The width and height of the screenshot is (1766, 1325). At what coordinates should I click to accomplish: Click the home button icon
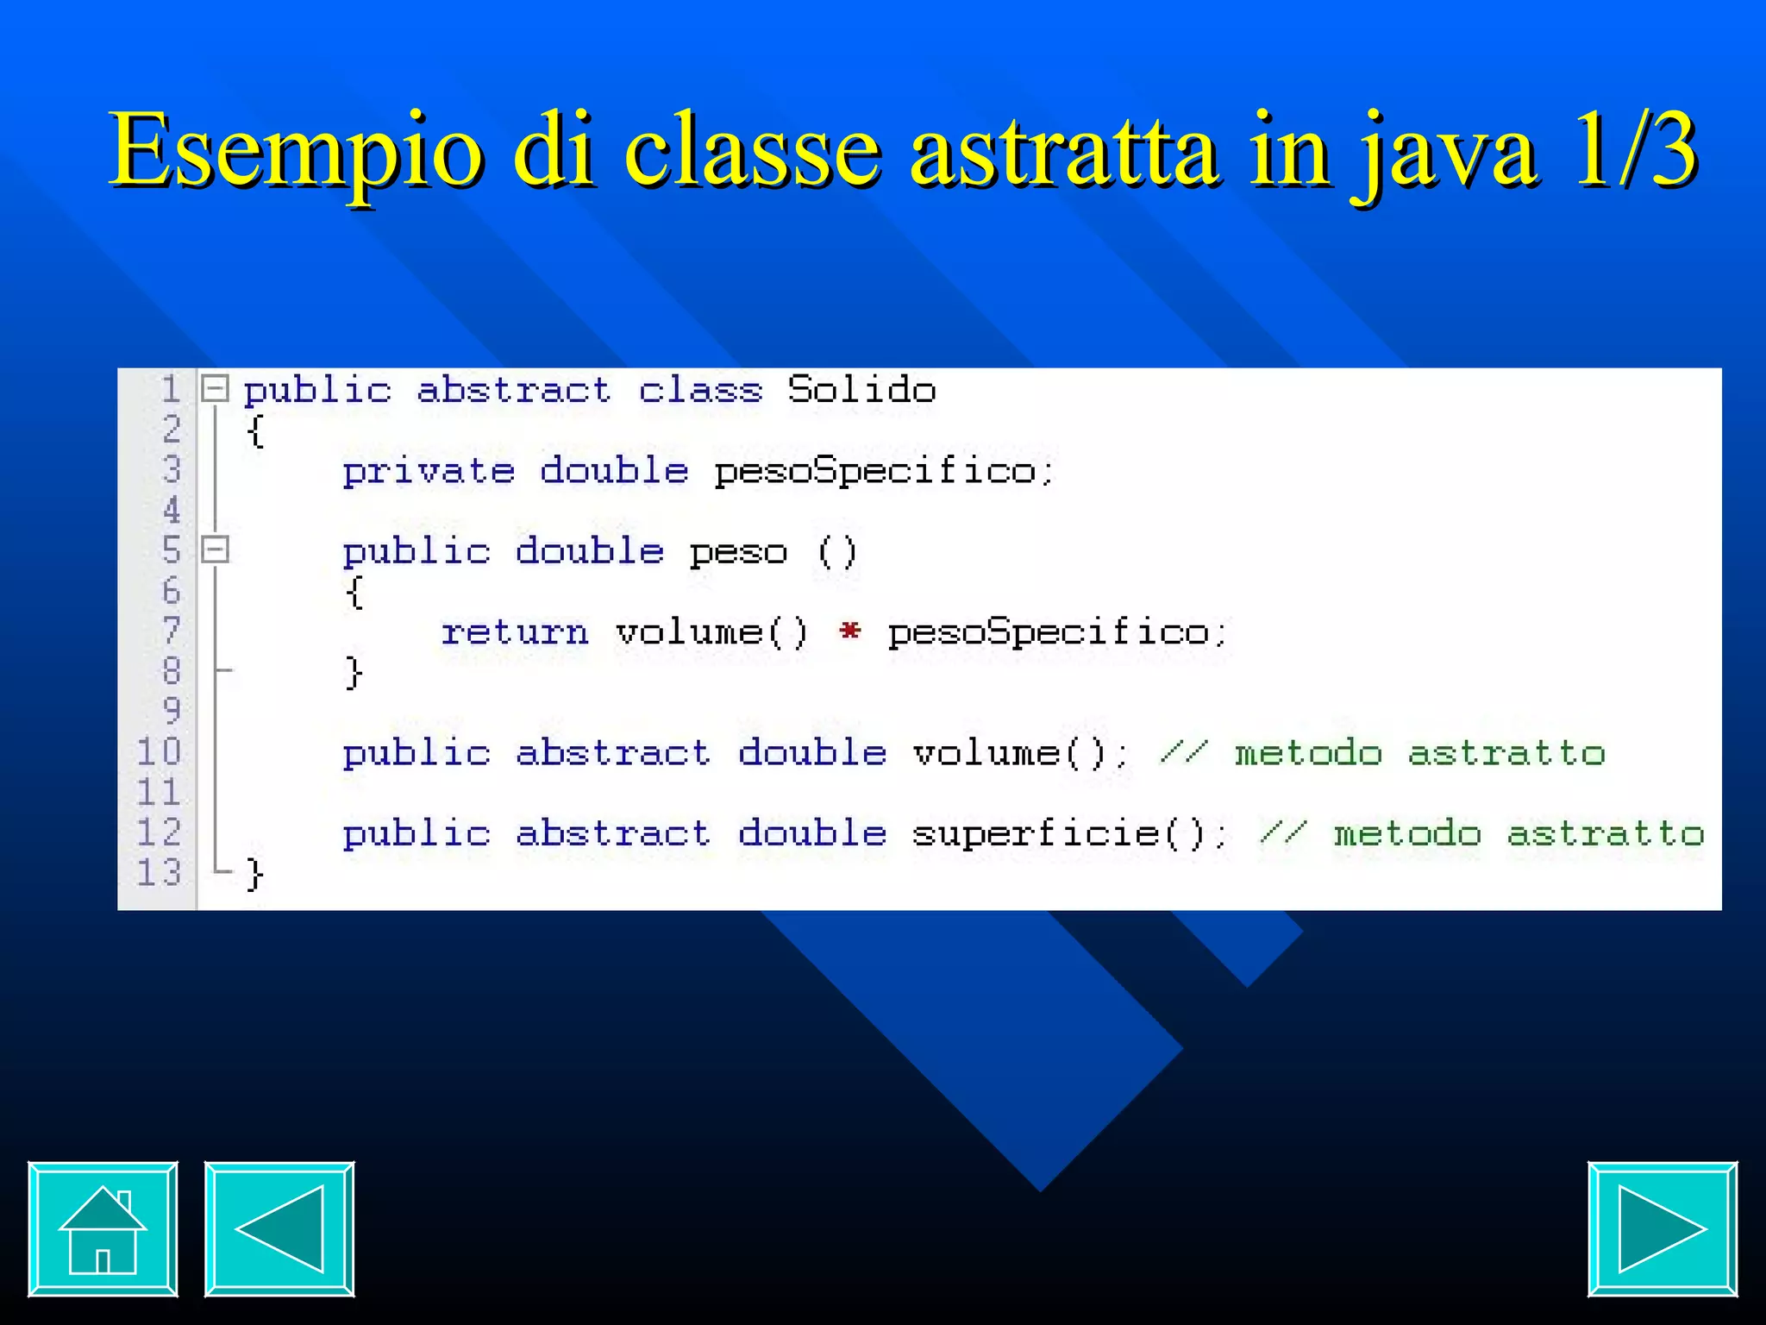coord(103,1228)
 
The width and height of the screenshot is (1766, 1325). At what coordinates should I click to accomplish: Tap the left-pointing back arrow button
coord(279,1228)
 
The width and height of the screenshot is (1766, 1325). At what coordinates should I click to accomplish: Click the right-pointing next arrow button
coord(1662,1228)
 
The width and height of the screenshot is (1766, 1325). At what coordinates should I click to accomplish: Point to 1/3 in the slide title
coord(1634,151)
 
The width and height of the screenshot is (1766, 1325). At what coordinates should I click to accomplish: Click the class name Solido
coord(861,390)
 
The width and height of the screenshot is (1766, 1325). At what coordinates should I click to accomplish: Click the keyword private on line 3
coord(429,471)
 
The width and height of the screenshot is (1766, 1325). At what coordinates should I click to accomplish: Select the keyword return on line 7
coord(515,632)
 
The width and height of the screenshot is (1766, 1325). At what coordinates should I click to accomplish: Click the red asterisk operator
coord(849,631)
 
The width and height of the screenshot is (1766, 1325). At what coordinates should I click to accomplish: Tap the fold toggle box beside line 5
coord(215,549)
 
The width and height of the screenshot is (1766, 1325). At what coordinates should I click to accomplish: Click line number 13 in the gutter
coord(160,872)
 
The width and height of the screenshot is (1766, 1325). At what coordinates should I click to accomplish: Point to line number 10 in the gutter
coord(160,751)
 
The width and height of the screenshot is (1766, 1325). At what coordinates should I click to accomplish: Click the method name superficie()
coord(1069,833)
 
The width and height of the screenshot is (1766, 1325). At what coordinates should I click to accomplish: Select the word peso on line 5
coord(738,552)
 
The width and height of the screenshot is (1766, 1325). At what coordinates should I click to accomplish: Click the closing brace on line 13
coord(254,874)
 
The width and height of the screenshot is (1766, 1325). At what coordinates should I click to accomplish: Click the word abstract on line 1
coord(514,390)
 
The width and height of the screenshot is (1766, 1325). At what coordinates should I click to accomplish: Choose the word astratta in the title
coord(1064,151)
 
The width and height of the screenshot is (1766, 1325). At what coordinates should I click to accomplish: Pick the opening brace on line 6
coord(354,593)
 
